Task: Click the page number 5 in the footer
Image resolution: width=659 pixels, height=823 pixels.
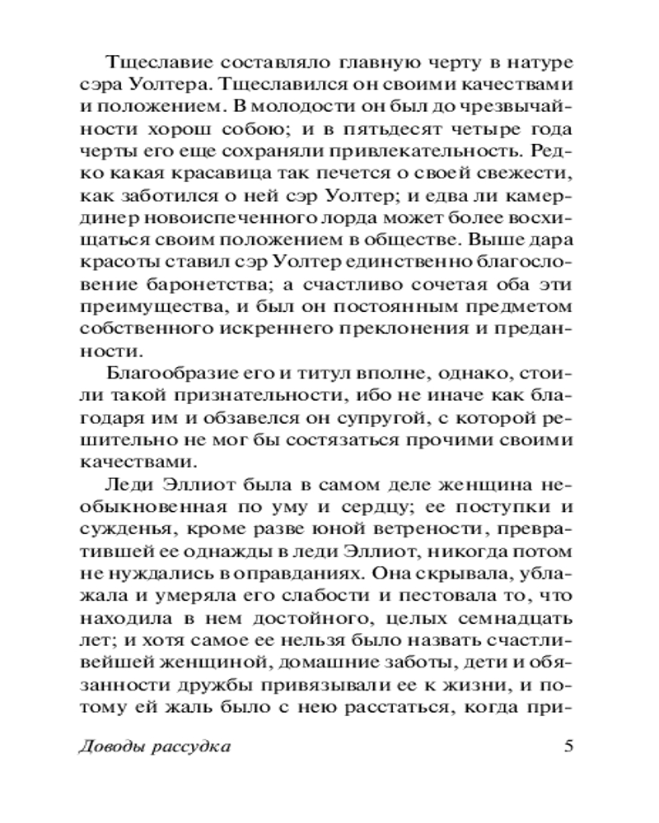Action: coord(568,746)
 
